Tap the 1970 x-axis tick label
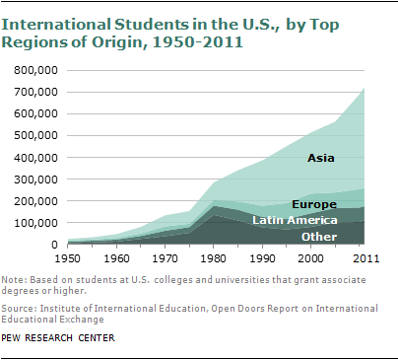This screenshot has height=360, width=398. point(168,259)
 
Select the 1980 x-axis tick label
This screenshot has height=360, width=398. point(218,259)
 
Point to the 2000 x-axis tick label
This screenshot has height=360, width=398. point(314,259)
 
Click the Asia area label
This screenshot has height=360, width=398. point(320,158)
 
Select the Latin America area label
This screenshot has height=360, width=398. point(295,220)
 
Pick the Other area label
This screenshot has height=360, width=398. point(318,237)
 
